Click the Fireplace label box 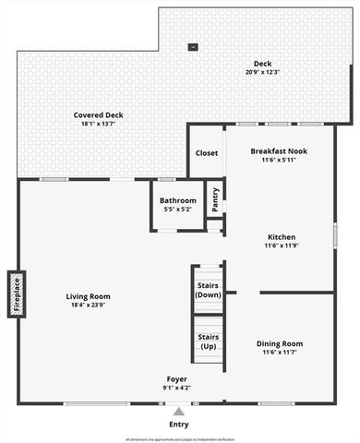[16, 294]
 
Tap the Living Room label [89, 296]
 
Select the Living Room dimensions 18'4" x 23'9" [89, 306]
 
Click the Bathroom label [176, 200]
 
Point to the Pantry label [216, 201]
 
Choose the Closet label [206, 153]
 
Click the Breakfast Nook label [278, 150]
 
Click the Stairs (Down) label [209, 290]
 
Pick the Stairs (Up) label [209, 341]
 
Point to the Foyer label [177, 379]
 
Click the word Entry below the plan [180, 425]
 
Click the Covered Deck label [99, 115]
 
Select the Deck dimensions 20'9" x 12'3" [263, 72]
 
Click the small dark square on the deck [193, 46]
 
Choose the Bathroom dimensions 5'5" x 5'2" [176, 210]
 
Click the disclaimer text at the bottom [180, 439]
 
